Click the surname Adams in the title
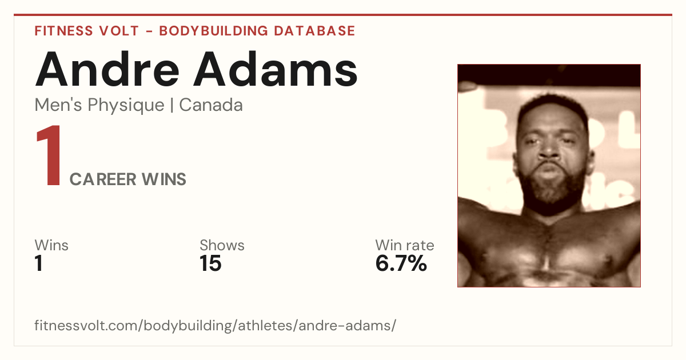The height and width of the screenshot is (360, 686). tap(276, 69)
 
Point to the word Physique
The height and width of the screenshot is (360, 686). tap(126, 105)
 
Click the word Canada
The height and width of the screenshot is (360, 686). tap(211, 105)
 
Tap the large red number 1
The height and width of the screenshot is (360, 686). tap(49, 155)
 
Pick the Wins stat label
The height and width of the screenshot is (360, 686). tap(51, 245)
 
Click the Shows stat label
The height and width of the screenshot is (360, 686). tap(222, 245)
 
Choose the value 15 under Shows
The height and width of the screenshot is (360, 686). tap(210, 263)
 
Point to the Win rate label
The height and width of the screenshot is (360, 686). tap(405, 245)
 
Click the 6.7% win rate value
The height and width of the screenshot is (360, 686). tap(401, 263)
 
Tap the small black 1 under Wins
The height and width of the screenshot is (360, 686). tap(39, 263)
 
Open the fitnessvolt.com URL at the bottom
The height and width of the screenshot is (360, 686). tap(216, 325)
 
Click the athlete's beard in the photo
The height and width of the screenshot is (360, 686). tap(551, 190)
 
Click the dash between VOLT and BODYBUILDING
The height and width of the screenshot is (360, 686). tap(149, 31)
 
